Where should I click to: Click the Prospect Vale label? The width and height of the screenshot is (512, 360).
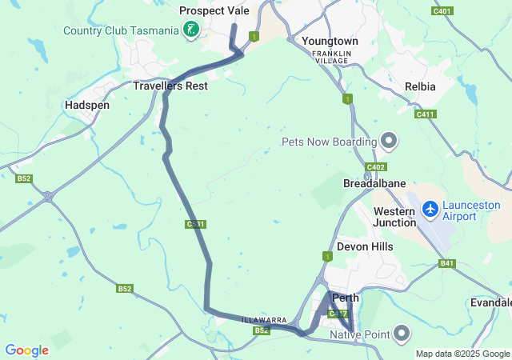click(214, 10)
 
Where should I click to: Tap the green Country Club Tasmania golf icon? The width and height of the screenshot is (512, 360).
click(191, 30)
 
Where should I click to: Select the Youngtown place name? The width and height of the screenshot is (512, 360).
click(330, 41)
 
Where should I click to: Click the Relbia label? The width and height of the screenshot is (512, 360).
click(420, 86)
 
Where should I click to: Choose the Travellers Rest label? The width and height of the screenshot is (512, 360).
click(170, 86)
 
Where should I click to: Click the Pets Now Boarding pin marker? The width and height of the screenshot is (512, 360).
click(389, 142)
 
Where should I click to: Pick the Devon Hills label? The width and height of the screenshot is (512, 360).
click(365, 246)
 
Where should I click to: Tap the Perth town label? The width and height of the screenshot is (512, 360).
click(346, 298)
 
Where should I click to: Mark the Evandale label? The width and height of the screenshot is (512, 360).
click(491, 302)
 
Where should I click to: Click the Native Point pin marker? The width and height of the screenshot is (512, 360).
click(402, 333)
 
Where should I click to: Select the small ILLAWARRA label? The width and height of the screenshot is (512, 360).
click(264, 320)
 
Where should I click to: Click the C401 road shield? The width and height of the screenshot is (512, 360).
click(441, 11)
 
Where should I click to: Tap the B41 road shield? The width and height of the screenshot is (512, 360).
click(446, 263)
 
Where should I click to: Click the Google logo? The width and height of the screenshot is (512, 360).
click(26, 350)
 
